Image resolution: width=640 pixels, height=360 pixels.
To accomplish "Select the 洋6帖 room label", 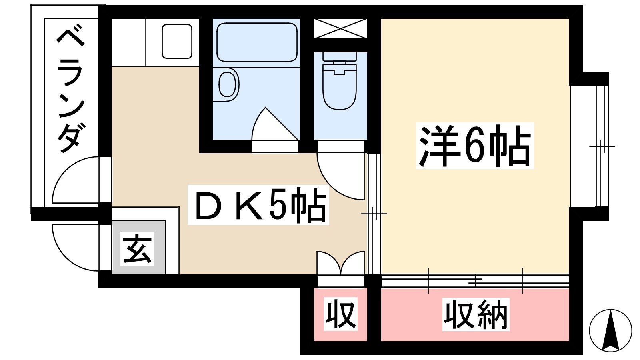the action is pyautogui.click(x=474, y=146).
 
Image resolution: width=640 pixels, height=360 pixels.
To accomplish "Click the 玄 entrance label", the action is pyautogui.click(x=137, y=248).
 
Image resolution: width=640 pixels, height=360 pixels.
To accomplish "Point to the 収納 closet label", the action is pyautogui.click(x=476, y=314).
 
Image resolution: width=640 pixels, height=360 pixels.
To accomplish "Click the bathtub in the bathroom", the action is pyautogui.click(x=257, y=42).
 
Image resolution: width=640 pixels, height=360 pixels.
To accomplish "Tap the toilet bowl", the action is pyautogui.click(x=340, y=86).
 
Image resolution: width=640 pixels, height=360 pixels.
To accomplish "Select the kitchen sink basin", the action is pyautogui.click(x=177, y=42).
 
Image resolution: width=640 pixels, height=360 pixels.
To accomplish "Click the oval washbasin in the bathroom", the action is pyautogui.click(x=228, y=84).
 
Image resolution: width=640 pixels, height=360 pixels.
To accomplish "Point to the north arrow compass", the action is pyautogui.click(x=610, y=330).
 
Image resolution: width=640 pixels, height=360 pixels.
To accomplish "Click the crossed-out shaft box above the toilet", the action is pyautogui.click(x=340, y=28).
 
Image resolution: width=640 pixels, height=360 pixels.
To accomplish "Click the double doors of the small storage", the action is pyautogui.click(x=340, y=263).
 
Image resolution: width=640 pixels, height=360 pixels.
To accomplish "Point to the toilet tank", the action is pyautogui.click(x=340, y=56).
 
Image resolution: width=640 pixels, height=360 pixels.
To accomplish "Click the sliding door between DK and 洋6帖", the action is pyautogui.click(x=374, y=214).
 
